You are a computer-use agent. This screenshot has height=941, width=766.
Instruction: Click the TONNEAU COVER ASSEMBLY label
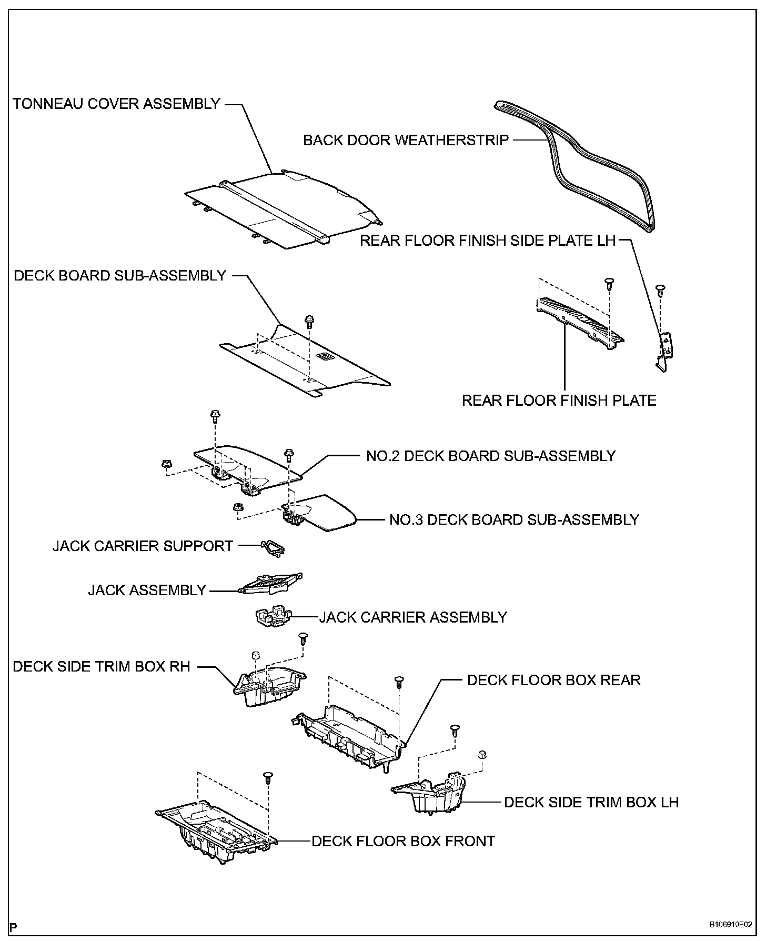pyautogui.click(x=116, y=104)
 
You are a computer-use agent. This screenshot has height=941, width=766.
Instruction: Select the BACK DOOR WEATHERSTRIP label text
pyautogui.click(x=406, y=140)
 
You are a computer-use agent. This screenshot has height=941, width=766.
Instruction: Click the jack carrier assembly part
pyautogui.click(x=273, y=617)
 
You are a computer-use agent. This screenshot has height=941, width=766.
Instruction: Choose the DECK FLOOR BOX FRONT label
pyautogui.click(x=403, y=841)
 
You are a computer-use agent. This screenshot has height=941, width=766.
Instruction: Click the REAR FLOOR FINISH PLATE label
pyautogui.click(x=559, y=401)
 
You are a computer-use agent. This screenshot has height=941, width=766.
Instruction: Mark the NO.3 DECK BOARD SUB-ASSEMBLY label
pyautogui.click(x=513, y=519)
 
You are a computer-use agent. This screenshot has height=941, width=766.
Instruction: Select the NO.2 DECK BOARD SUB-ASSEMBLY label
pyautogui.click(x=490, y=455)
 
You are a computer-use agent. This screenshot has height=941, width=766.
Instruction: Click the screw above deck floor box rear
pyautogui.click(x=399, y=682)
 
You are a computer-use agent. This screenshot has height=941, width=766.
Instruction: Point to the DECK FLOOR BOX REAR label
pyautogui.click(x=553, y=680)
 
